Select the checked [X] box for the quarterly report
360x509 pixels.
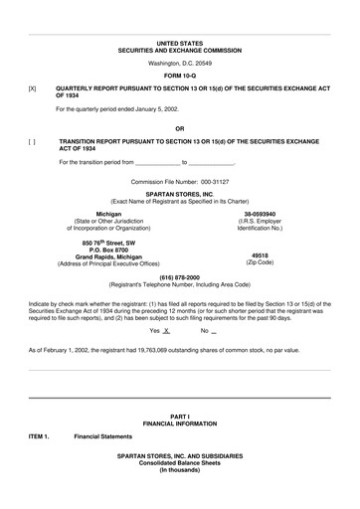(x=33, y=88)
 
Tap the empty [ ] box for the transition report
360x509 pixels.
(x=33, y=141)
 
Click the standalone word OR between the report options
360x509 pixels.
(x=179, y=128)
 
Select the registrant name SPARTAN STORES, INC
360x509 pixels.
(x=179, y=195)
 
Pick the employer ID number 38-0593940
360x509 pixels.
(x=262, y=214)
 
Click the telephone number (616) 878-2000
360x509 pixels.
(x=179, y=277)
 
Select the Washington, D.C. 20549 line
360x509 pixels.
(x=179, y=63)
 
